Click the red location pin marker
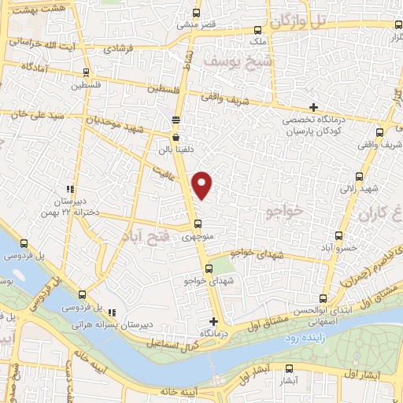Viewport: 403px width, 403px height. point(203,184)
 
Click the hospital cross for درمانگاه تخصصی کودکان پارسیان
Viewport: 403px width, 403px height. point(314,107)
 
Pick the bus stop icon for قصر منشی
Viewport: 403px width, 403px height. point(197,13)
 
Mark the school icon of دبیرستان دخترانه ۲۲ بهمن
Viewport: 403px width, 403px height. point(70,189)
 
